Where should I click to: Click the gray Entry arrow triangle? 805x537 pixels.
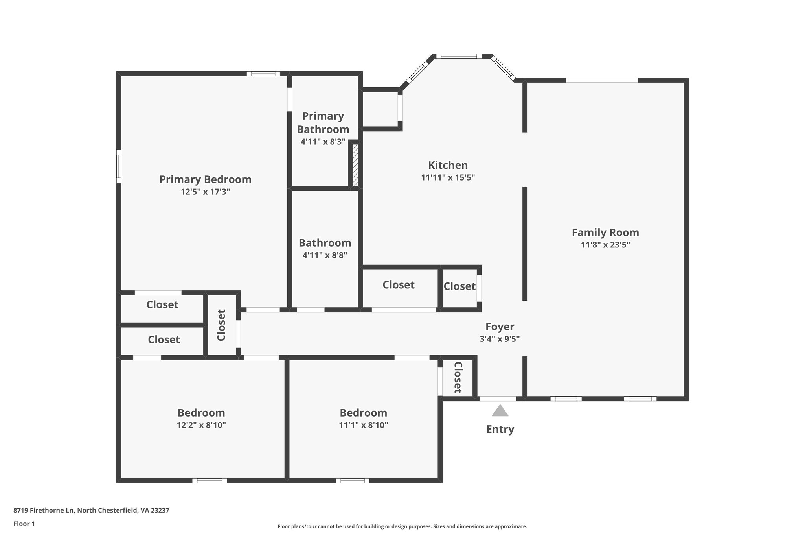coord(500,411)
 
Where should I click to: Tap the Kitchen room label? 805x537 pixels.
coord(448,165)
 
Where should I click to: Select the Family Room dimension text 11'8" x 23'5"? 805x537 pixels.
coord(605,245)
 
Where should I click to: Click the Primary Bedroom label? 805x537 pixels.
coord(205,179)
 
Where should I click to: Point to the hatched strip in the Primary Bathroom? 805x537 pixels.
coord(355,165)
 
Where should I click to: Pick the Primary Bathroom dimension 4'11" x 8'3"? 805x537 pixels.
coord(323,142)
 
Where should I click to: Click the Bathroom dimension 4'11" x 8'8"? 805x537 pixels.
coord(325,255)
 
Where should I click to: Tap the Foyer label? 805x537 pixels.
coord(500,327)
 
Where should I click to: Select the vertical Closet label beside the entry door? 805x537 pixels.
coord(458,378)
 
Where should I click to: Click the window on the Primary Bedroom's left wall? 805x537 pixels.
coord(119,166)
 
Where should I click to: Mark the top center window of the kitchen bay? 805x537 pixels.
coord(458,56)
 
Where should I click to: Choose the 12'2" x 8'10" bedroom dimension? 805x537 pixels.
coord(201,425)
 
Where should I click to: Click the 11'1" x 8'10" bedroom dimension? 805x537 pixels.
coord(364,425)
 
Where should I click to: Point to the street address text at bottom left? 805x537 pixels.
coord(91,510)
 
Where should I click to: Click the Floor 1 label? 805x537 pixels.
coord(24,524)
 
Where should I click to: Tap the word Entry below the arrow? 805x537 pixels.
coord(500,429)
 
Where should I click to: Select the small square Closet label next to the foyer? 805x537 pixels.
coord(459,286)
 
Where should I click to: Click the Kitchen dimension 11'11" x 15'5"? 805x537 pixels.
coord(448,177)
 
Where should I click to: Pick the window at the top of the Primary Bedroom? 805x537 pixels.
coord(263,74)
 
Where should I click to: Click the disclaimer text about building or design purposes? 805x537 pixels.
coord(402,526)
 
